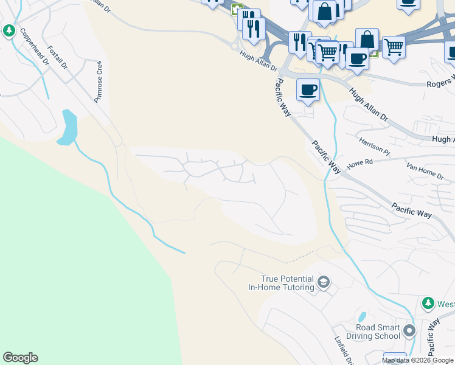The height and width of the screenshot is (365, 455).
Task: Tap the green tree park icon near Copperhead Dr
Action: [9, 30]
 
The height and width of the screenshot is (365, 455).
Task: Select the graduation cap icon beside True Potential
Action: [324, 282]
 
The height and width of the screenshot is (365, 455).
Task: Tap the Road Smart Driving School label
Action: [373, 331]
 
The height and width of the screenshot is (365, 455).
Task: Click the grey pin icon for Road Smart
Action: [409, 331]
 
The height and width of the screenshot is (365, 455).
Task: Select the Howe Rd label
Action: [359, 165]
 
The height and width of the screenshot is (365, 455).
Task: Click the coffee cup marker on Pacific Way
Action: [308, 90]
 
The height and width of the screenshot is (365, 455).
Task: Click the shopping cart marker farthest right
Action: [394, 46]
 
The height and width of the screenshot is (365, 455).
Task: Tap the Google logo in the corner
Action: [20, 358]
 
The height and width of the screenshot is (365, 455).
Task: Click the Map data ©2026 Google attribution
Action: [417, 361]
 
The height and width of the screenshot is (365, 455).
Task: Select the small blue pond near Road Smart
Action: [362, 317]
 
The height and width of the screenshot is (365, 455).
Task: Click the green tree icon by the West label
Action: [428, 303]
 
